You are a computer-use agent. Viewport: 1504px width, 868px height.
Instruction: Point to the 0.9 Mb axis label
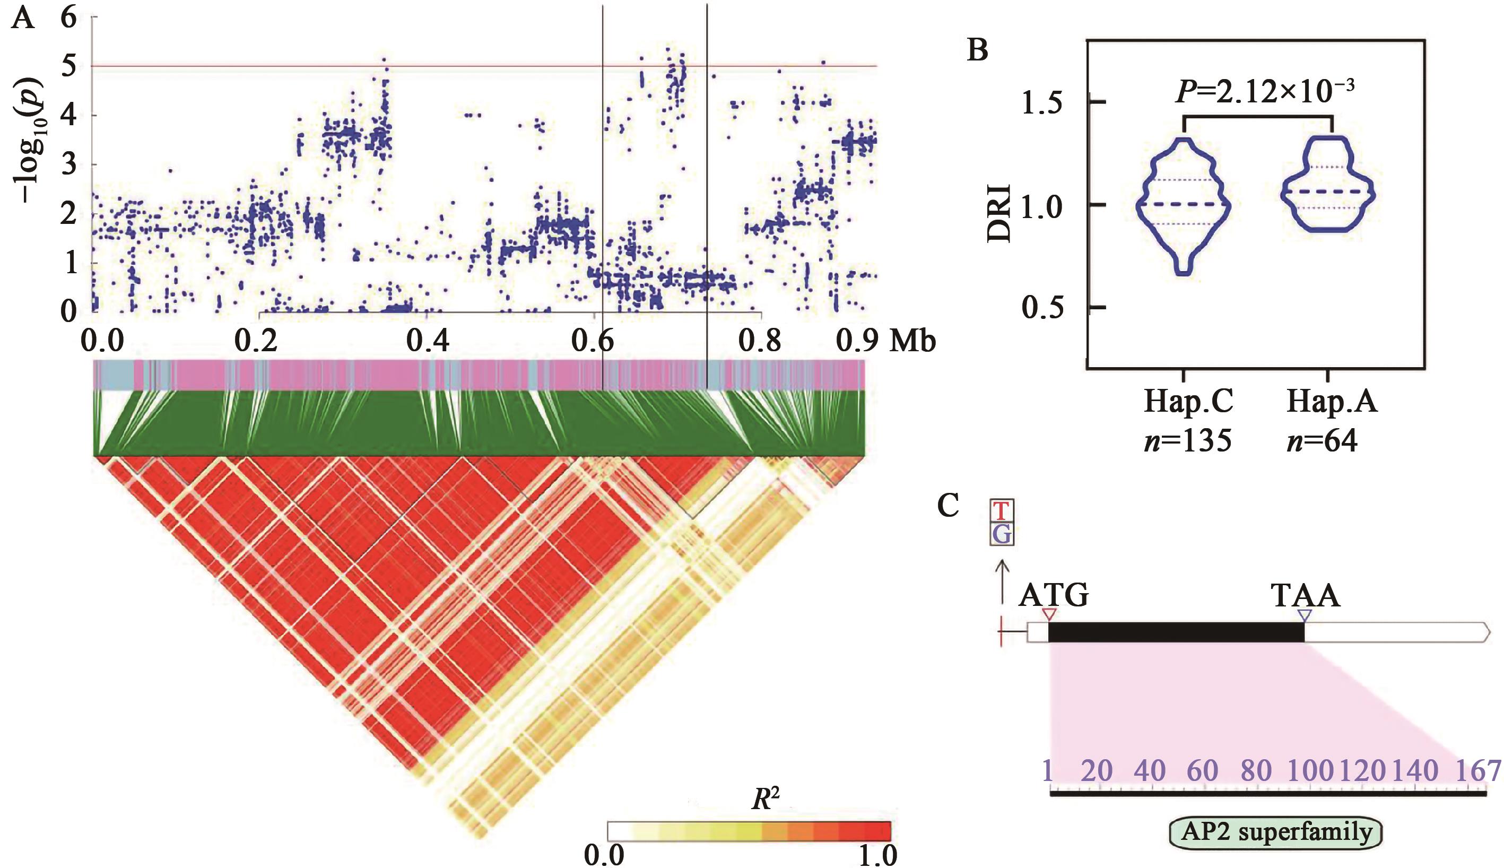click(886, 341)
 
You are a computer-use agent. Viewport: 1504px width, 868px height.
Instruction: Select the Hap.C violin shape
click(1183, 206)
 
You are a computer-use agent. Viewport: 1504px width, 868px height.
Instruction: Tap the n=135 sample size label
click(1187, 441)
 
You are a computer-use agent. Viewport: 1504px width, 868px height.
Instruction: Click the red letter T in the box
click(1002, 511)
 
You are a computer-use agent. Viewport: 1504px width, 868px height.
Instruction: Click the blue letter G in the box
click(1002, 534)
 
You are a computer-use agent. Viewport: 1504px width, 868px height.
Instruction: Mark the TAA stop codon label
click(1305, 595)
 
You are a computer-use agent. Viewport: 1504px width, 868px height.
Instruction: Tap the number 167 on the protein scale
click(1479, 771)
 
